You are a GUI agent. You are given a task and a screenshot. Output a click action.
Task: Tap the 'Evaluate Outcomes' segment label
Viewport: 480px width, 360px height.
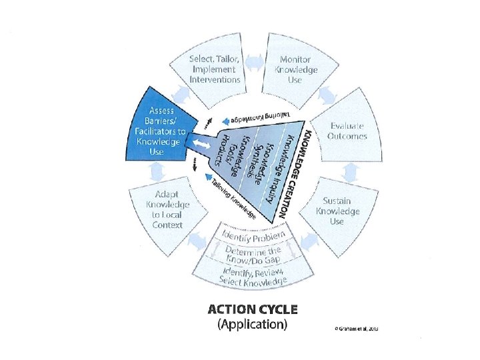point(347,131)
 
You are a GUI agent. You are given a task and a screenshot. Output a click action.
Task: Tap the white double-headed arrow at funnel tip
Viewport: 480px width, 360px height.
point(201,145)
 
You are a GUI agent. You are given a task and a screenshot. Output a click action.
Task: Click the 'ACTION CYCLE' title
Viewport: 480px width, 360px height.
point(253,309)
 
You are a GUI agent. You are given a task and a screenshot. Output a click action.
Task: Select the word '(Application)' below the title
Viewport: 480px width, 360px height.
point(253,325)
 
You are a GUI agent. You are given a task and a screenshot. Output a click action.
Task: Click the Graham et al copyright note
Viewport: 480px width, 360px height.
point(351,329)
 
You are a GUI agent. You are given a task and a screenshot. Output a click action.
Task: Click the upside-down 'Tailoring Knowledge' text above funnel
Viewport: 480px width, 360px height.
point(262,118)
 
